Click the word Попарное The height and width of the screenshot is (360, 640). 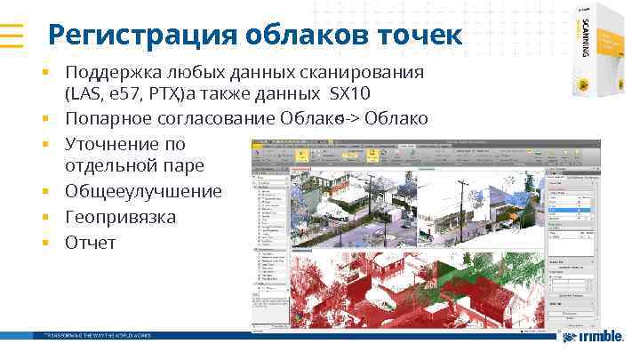pos(105,118)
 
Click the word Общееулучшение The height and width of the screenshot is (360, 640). pos(143,191)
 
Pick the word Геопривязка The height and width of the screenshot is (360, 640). pos(120,217)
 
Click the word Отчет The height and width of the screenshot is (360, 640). pos(90,242)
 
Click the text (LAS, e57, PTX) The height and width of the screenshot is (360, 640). pos(111,93)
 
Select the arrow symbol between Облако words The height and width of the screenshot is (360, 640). pos(344,119)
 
